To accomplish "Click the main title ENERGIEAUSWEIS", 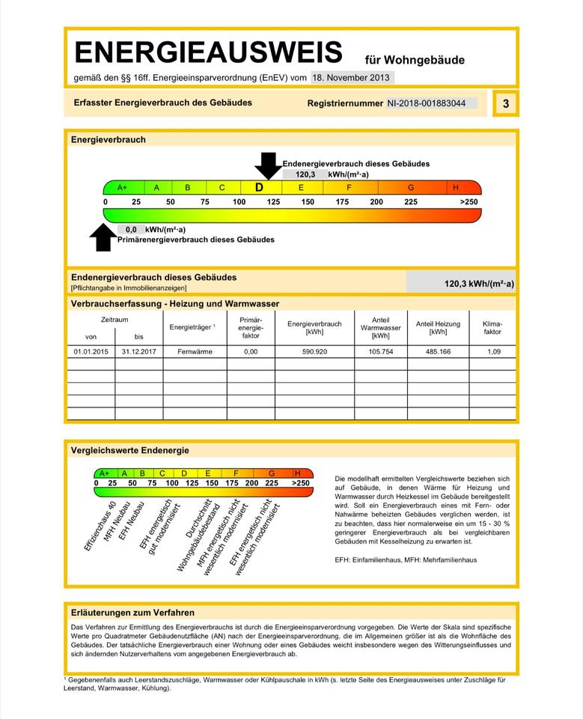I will coord(208,52).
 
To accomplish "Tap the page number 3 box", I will coord(506,103).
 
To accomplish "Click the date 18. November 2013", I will coord(352,77).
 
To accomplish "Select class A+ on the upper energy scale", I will coord(122,187).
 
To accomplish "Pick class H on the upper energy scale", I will coord(456,187).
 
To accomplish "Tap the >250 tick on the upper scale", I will coord(468,202).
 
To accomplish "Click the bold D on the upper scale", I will coord(259,187).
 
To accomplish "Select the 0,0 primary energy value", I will coord(131,229).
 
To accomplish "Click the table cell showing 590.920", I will coord(314,351).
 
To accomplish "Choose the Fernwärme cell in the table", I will coord(195,351).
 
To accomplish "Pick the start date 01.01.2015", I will coord(91,351).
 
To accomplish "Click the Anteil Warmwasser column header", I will coord(380,327).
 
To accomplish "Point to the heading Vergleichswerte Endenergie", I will coord(129,450).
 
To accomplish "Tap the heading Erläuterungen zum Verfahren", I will coord(132,612).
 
